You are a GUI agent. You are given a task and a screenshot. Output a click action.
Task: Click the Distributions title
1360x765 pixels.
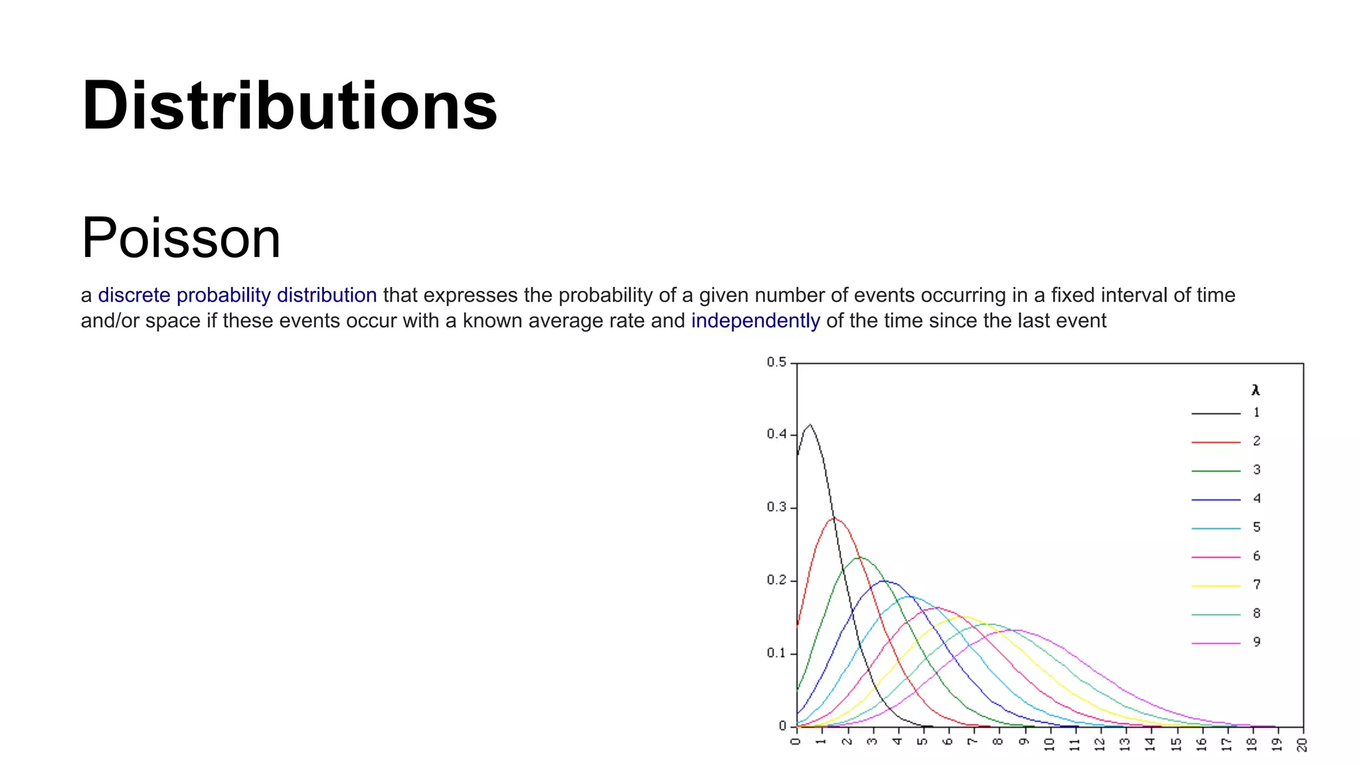(x=290, y=106)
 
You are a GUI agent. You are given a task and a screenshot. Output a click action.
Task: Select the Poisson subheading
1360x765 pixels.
(x=181, y=238)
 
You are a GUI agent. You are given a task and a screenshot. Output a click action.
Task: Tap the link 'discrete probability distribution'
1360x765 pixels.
(x=237, y=295)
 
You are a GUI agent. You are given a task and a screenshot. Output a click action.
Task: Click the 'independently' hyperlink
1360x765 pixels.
(x=755, y=321)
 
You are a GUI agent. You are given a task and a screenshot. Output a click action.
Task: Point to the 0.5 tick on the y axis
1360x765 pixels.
(x=776, y=363)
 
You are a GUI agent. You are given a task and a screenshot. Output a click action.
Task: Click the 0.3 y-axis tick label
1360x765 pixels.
(x=776, y=507)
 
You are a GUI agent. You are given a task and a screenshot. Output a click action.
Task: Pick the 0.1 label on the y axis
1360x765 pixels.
(x=776, y=653)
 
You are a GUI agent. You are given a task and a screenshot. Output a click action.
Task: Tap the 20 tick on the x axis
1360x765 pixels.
(x=1302, y=744)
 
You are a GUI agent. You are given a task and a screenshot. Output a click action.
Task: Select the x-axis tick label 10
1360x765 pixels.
(x=1049, y=744)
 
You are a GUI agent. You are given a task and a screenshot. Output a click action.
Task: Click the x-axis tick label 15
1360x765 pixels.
(x=1176, y=744)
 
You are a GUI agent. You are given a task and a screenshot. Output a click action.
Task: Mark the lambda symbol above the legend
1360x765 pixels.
(x=1255, y=390)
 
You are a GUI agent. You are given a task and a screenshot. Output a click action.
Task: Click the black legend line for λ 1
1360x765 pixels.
(x=1215, y=414)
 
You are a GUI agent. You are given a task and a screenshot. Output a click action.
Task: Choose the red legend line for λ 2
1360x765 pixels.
(x=1215, y=442)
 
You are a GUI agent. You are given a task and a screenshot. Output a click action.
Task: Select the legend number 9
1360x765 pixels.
(x=1256, y=642)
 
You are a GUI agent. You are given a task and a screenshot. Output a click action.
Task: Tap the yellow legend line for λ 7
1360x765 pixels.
(x=1215, y=586)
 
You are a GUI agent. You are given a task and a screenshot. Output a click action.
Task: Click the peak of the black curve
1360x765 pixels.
(x=809, y=425)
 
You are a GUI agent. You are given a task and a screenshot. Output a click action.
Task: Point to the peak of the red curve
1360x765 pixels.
(x=834, y=518)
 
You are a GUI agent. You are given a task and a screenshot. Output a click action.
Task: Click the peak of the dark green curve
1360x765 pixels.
(x=859, y=557)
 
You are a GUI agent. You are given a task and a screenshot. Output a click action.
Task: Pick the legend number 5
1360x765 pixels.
(x=1256, y=527)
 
